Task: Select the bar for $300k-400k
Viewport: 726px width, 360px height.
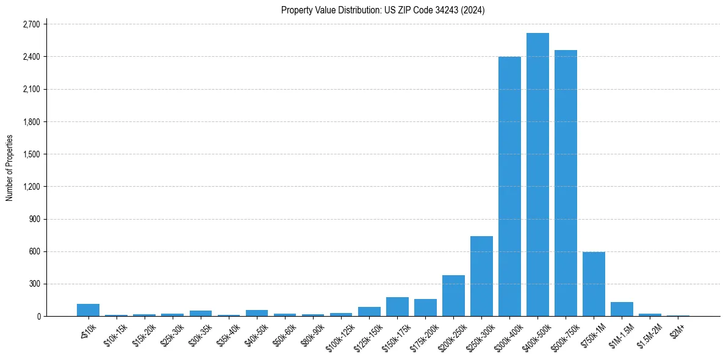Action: tap(509, 187)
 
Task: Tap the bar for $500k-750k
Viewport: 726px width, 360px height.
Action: tap(566, 183)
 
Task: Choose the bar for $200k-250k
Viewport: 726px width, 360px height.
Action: tap(453, 295)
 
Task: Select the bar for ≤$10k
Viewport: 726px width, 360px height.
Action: tap(88, 310)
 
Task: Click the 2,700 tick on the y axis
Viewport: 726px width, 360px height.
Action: tap(31, 24)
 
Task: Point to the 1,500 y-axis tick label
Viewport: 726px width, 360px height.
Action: tap(31, 154)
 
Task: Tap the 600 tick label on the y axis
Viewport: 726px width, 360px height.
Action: tap(34, 251)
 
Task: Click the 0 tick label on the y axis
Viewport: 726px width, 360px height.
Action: tap(38, 316)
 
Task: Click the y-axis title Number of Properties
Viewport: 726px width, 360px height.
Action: tap(9, 168)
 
